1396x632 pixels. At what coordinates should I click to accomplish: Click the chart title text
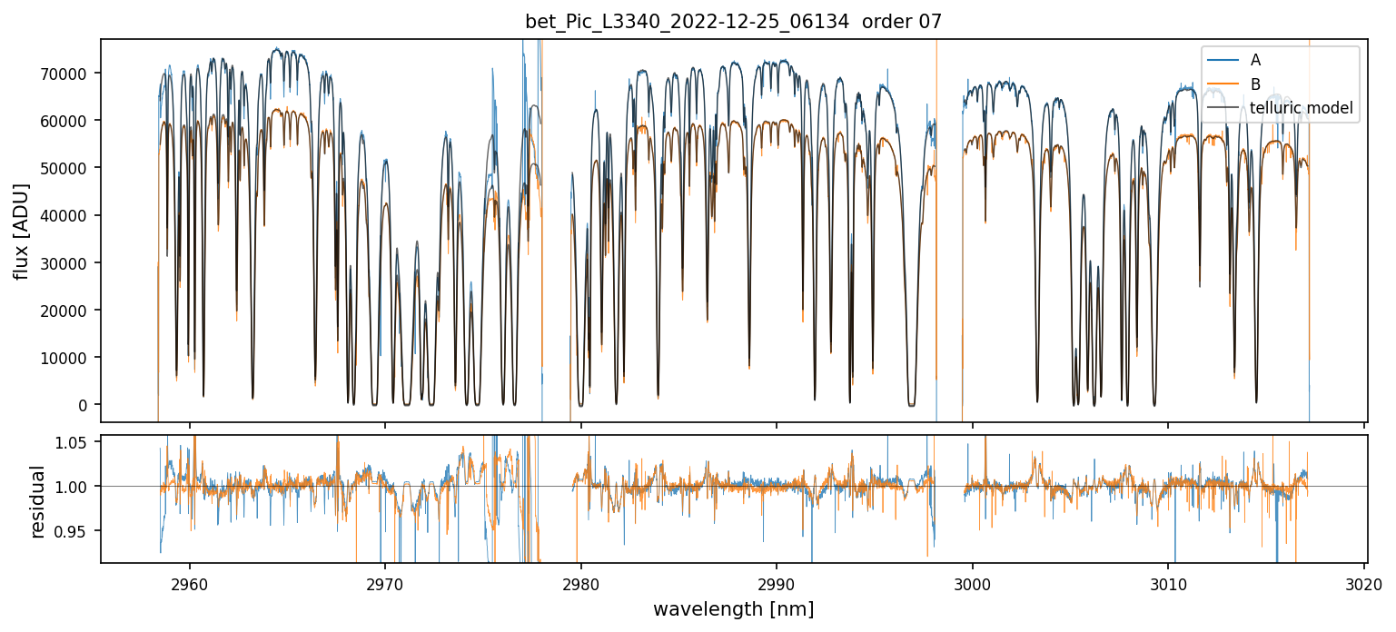[733, 22]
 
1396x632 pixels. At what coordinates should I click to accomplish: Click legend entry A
[1255, 60]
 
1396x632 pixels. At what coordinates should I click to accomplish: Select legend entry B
[1255, 84]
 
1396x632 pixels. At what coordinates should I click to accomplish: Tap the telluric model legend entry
[1302, 109]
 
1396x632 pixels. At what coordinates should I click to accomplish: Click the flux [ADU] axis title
[20, 231]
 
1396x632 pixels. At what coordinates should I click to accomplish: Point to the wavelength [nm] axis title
[733, 609]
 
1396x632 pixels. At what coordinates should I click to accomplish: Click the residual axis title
[37, 501]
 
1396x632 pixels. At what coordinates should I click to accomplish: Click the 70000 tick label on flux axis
[70, 74]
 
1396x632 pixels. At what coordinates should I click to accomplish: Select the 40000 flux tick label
[70, 216]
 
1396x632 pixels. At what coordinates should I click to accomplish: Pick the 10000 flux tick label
[70, 358]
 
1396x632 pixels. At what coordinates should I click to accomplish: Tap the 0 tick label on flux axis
[87, 405]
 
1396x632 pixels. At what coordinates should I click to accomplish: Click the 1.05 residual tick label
[77, 442]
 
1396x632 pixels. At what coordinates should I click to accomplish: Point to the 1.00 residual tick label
[77, 487]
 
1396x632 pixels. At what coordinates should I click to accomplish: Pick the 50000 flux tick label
[70, 168]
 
